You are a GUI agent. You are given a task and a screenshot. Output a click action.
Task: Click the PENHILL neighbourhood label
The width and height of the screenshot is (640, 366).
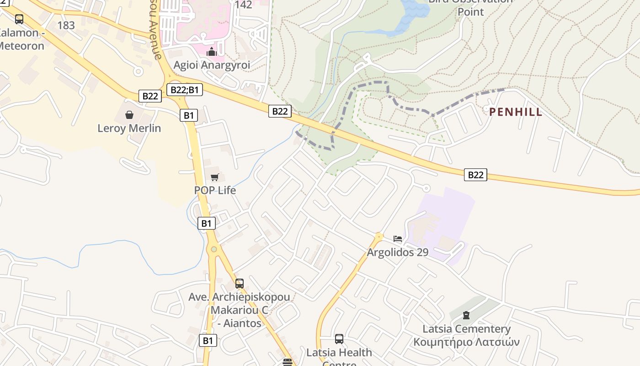[516, 112]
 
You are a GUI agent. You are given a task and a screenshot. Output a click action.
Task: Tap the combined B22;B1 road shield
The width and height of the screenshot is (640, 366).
[184, 89]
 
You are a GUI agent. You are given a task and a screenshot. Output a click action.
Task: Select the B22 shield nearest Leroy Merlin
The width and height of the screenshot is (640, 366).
[150, 96]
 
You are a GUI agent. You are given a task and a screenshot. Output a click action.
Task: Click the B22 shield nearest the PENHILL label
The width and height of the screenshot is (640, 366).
[475, 175]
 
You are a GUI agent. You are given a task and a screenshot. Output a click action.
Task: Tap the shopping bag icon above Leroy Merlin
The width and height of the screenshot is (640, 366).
[129, 114]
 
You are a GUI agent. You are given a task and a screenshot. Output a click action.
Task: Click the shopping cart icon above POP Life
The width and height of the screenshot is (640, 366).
[215, 177]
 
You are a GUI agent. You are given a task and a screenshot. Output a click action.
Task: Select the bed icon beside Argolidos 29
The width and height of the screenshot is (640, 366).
[398, 239]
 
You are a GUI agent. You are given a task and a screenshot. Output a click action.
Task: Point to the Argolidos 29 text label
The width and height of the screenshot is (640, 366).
[398, 253]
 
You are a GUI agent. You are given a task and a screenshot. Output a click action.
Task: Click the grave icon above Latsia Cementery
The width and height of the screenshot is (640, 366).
[466, 315]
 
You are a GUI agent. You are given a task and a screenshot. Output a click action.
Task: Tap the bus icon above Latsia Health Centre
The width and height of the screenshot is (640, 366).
[339, 339]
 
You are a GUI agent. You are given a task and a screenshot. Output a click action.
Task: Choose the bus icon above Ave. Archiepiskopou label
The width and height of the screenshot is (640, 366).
[240, 284]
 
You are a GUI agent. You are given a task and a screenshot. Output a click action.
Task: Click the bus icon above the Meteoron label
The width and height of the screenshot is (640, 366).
[19, 19]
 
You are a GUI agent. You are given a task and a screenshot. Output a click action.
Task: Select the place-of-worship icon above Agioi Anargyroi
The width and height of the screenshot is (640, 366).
[211, 52]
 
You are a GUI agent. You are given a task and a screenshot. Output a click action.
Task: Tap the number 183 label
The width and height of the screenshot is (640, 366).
[66, 26]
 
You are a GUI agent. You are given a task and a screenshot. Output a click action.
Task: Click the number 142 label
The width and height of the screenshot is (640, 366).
[243, 5]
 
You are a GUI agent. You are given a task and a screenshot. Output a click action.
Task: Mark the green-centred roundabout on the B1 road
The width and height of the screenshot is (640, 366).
[213, 249]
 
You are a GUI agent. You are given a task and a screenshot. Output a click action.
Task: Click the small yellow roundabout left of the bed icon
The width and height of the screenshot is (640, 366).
[379, 237]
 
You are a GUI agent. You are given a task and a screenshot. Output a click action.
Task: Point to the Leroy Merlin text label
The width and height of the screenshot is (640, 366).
[129, 128]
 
